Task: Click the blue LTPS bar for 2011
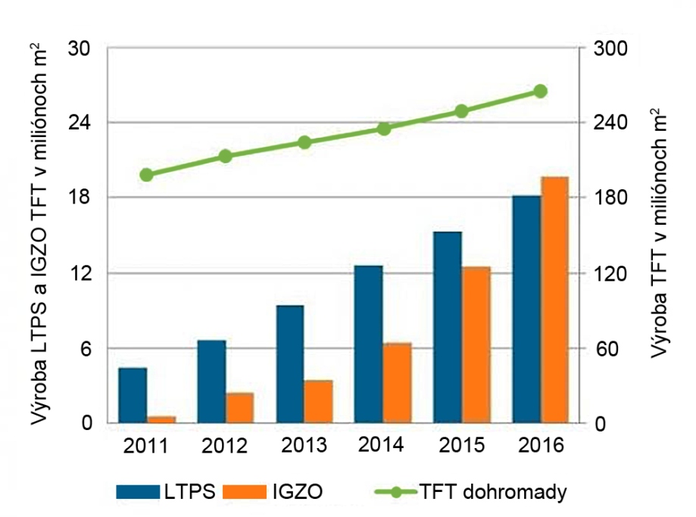133,395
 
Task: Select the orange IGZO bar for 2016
555,300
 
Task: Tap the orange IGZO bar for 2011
161,419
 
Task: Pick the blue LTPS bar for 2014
369,344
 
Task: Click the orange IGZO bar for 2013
319,401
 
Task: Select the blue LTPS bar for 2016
526,309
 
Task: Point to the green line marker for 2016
540,91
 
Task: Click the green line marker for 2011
147,175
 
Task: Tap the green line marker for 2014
383,129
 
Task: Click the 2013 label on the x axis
303,444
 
